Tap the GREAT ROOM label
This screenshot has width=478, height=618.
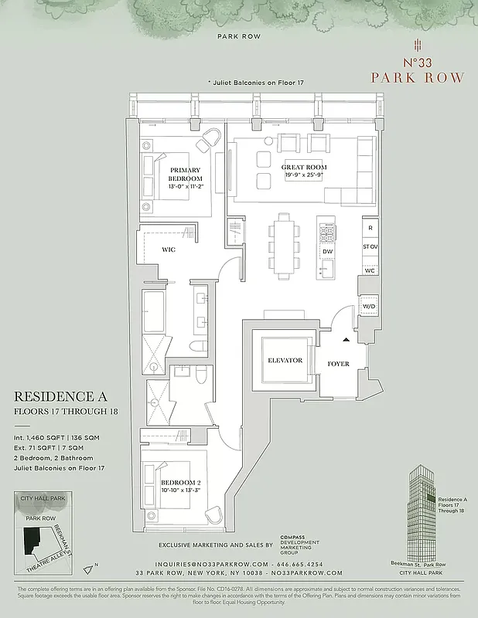click(303, 167)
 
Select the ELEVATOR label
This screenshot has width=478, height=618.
click(285, 360)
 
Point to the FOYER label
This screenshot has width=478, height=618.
click(338, 363)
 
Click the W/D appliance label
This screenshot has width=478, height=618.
click(369, 307)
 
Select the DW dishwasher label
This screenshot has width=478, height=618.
click(327, 251)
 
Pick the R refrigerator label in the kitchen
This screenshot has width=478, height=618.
click(370, 229)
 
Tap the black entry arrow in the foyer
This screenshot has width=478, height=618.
click(347, 338)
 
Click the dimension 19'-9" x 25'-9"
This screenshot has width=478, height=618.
click(303, 175)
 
